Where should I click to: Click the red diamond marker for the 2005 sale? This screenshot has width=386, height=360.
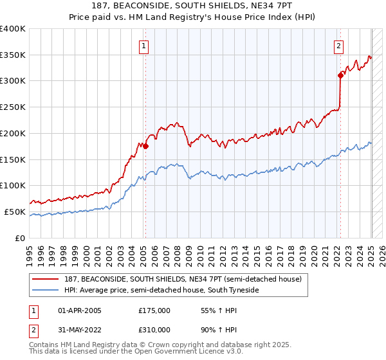145,146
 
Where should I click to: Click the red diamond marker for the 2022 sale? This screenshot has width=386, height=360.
340,75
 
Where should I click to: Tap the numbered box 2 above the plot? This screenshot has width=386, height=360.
338,46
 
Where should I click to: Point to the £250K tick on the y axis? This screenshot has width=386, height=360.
14,107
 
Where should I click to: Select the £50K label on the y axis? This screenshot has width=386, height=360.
16,212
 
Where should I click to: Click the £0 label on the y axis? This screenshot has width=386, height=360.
21,238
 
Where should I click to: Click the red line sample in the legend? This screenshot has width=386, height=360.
46,278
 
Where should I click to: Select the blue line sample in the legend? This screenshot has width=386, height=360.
46,290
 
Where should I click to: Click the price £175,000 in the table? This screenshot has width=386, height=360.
154,310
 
